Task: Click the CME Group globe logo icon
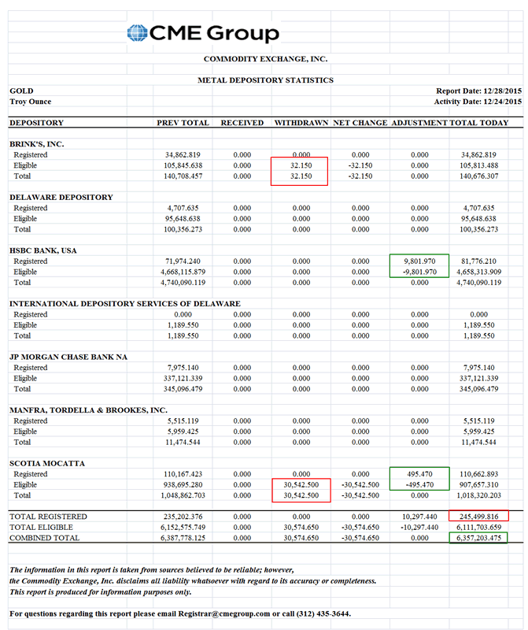click(137, 33)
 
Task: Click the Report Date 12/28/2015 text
click(478, 91)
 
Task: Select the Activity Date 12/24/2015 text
click(478, 102)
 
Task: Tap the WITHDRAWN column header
click(301, 123)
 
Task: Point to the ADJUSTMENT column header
click(419, 123)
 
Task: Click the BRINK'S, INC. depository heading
click(37, 144)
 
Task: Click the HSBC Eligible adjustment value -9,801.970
click(418, 272)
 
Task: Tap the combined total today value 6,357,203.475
click(478, 538)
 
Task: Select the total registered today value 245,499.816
click(479, 517)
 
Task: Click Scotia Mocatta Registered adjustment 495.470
click(419, 474)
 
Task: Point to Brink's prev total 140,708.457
click(183, 176)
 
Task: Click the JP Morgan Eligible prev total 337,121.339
click(183, 378)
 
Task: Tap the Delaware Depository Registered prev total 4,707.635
click(185, 208)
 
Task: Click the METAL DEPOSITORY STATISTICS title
click(265, 80)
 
